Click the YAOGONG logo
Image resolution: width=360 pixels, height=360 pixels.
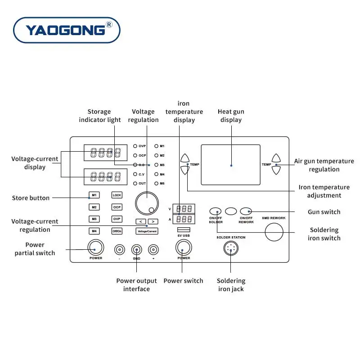coord(67,30)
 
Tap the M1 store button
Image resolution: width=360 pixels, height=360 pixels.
coord(94,195)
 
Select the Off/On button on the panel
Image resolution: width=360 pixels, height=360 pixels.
coord(117,231)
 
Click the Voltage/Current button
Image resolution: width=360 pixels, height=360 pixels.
coord(147,231)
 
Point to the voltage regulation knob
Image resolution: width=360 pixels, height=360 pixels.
coord(147,203)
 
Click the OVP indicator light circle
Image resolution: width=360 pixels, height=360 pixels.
coord(135,146)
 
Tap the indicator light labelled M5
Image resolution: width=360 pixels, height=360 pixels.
coord(157,183)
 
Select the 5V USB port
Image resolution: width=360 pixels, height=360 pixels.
coord(183,230)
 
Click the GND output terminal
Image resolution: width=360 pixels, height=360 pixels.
coord(136,249)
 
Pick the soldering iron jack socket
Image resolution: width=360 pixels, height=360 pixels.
coord(231,248)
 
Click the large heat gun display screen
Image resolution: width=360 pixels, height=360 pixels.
coord(230,165)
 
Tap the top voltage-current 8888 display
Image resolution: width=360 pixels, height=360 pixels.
coord(105,153)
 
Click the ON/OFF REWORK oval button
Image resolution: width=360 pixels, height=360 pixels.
coord(246,211)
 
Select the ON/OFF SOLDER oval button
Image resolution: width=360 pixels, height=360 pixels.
coord(216,211)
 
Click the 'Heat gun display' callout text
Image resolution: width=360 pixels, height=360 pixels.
coord(231,116)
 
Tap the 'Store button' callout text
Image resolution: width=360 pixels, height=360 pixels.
coord(31,198)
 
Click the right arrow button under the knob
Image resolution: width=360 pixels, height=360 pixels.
coord(153,221)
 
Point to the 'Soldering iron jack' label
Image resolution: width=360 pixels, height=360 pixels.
coord(231,285)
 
